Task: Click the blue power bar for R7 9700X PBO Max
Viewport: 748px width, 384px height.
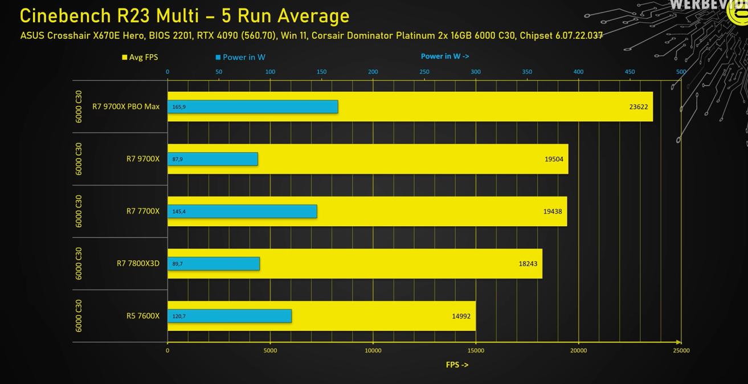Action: [x=252, y=107]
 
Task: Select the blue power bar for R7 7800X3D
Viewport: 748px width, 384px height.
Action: [x=214, y=264]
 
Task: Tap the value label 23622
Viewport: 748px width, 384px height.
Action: [x=638, y=107]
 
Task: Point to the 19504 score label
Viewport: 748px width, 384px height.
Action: [x=553, y=159]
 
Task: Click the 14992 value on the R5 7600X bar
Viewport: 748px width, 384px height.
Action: [x=461, y=316]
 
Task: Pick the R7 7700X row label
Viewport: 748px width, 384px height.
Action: [x=142, y=211]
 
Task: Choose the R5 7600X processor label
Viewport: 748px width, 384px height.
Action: [x=142, y=316]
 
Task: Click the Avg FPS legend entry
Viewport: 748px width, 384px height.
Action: [x=140, y=57]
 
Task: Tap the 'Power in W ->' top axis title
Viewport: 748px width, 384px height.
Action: [x=445, y=56]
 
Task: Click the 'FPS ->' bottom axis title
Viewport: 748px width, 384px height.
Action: [x=457, y=365]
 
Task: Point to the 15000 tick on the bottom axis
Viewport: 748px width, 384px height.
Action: [x=476, y=350]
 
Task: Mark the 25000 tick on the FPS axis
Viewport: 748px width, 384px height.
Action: [x=681, y=350]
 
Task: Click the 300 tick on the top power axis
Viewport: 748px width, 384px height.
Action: [x=476, y=72]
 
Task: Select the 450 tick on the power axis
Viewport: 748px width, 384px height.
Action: [x=630, y=72]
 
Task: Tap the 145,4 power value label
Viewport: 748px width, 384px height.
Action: [x=179, y=211]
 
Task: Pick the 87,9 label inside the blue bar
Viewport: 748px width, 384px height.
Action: [x=177, y=159]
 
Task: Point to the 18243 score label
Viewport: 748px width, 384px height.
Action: [x=528, y=264]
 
